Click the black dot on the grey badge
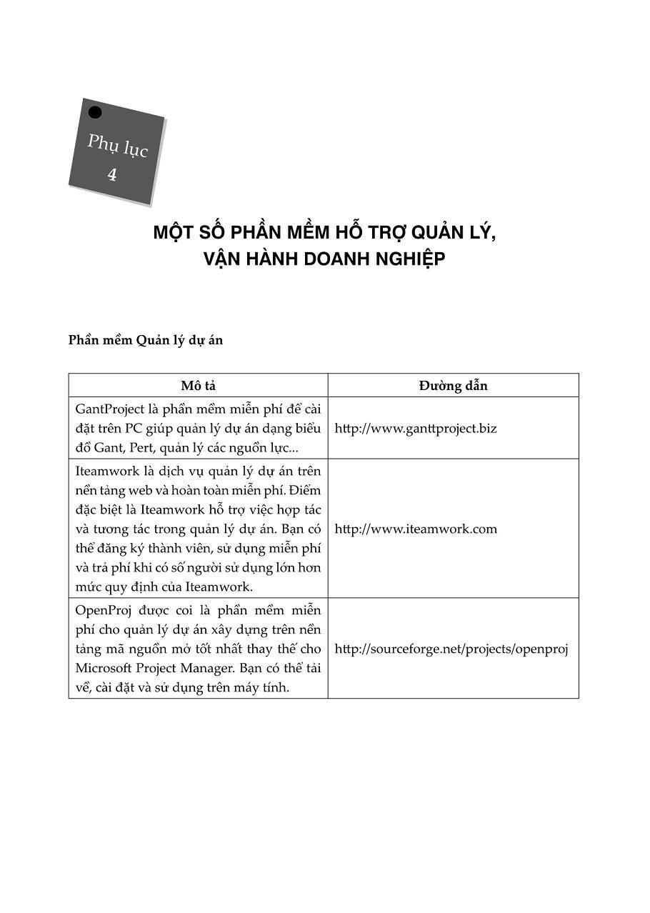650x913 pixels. tap(95, 112)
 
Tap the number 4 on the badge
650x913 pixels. tap(111, 174)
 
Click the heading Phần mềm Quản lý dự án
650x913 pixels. tap(146, 340)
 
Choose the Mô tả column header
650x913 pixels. tap(198, 386)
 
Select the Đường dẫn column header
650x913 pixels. tap(453, 386)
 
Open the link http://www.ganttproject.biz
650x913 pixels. tap(416, 429)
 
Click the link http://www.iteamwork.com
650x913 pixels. tap(416, 529)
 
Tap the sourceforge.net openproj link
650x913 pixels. tap(451, 649)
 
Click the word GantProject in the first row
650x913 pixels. tap(108, 409)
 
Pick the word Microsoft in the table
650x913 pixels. tap(105, 669)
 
